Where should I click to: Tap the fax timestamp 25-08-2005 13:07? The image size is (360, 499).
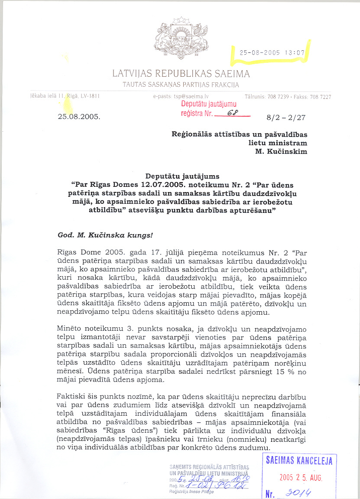pyautogui.click(x=272, y=52)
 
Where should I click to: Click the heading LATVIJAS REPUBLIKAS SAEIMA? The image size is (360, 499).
pyautogui.click(x=181, y=74)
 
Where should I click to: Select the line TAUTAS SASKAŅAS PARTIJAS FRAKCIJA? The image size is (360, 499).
pyautogui.click(x=181, y=85)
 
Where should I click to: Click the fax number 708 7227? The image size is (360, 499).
pyautogui.click(x=321, y=97)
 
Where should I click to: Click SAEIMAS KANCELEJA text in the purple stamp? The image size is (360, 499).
pyautogui.click(x=299, y=460)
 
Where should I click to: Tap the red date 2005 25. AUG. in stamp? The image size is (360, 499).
pyautogui.click(x=301, y=478)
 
